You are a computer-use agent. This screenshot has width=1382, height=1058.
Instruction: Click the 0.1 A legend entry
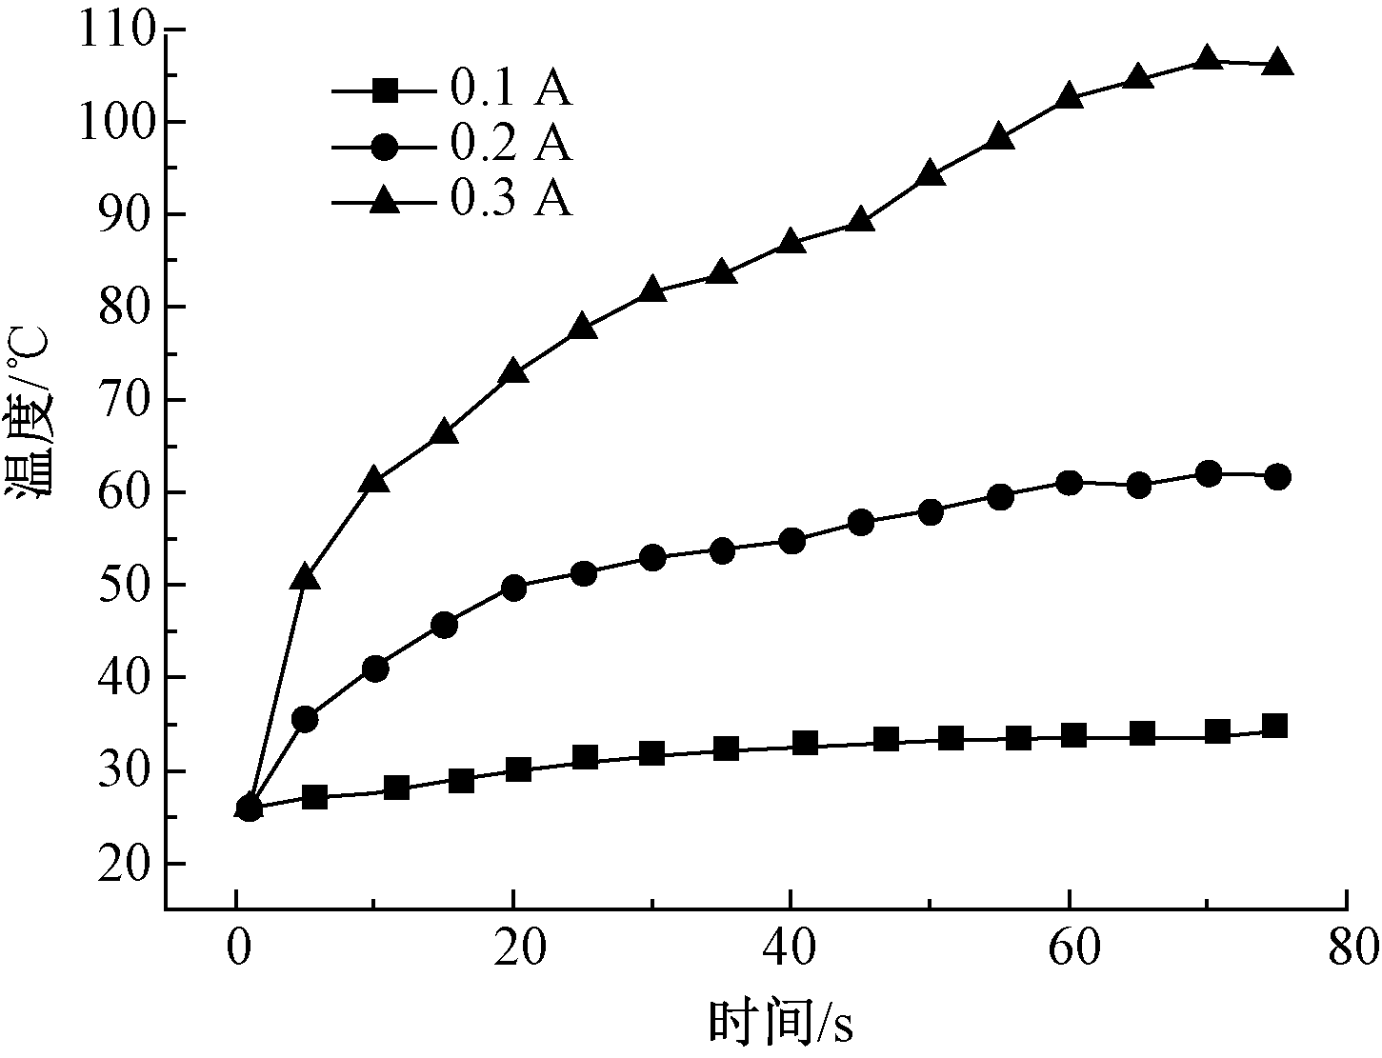tap(452, 90)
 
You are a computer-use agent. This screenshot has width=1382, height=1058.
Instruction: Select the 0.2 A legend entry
tap(452, 145)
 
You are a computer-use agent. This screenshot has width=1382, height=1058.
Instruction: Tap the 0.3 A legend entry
tap(452, 200)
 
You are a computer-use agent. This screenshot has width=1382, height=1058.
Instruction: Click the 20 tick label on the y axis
tap(129, 864)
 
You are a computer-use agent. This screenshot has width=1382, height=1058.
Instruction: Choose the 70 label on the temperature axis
tap(129, 400)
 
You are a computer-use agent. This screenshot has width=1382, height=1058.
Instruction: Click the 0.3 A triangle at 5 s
tap(305, 577)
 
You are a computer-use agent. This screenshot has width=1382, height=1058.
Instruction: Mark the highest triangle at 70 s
tap(1208, 58)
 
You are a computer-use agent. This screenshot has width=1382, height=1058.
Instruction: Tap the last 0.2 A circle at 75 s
tap(1277, 477)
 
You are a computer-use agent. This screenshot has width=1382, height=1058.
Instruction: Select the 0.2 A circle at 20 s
tap(513, 588)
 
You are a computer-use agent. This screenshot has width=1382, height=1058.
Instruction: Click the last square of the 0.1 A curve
tap(1275, 727)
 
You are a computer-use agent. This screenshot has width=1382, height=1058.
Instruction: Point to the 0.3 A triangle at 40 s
tap(791, 242)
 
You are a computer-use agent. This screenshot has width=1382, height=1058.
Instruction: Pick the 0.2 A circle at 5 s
tap(305, 719)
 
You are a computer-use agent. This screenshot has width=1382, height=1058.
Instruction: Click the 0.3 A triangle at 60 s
tap(1069, 97)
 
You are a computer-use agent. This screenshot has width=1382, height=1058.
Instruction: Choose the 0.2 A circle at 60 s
tap(1069, 482)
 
